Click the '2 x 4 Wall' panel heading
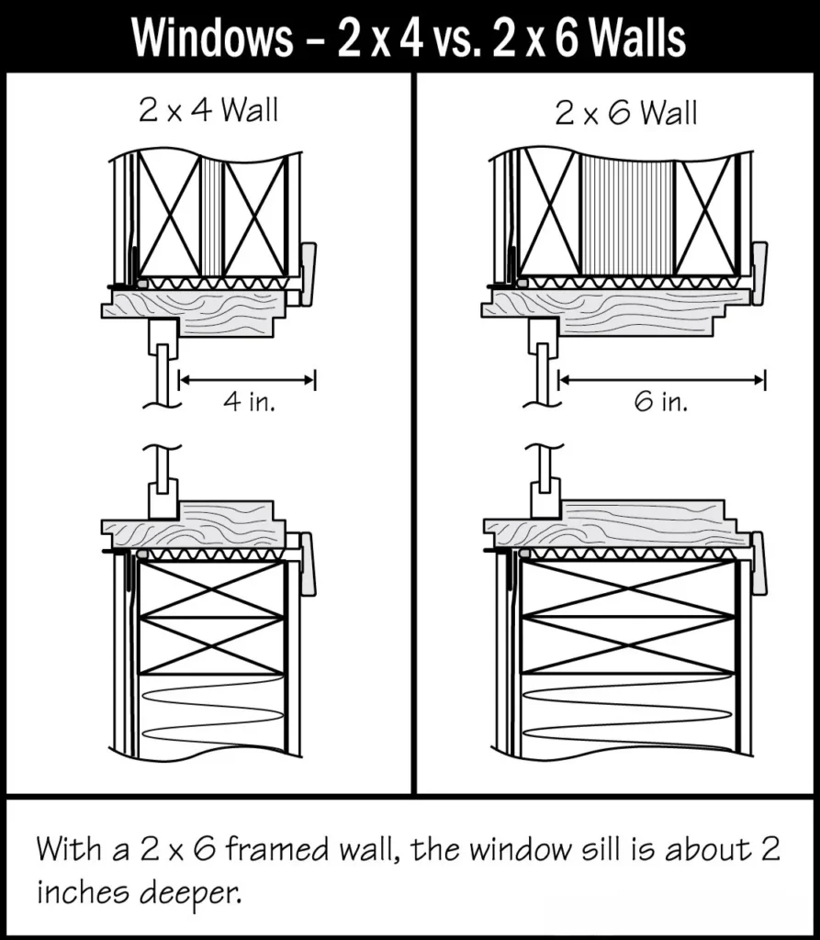coord(208,111)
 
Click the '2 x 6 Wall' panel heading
coord(626,114)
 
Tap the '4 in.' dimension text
coord(248,402)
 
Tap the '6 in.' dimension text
coord(660,402)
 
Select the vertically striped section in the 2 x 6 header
coord(627,216)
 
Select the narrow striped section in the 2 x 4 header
coord(212,216)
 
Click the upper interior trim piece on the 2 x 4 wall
coord(309,273)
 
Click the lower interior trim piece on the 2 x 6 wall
coord(758,562)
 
